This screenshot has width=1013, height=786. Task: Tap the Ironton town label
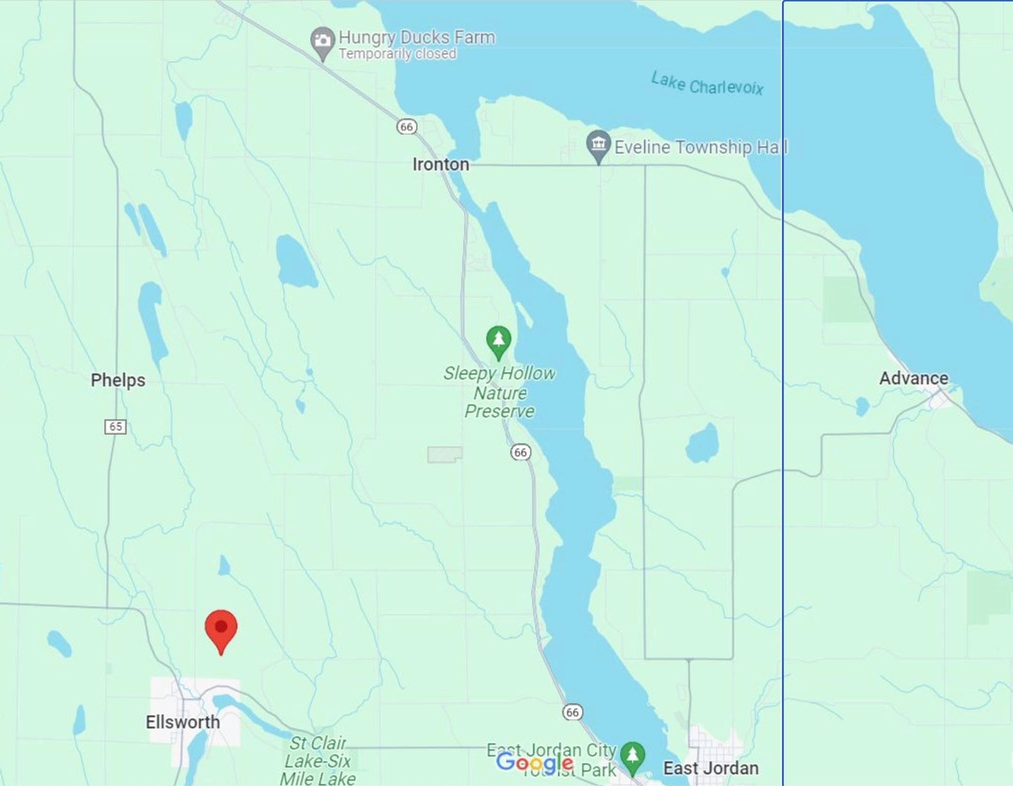pos(440,165)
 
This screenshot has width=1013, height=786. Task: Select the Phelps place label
pos(118,380)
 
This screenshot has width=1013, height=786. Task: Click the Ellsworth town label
pos(183,722)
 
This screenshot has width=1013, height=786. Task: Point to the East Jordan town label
pos(710,768)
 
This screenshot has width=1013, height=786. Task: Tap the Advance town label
pos(913,378)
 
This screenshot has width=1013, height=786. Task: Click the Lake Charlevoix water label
pos(707,84)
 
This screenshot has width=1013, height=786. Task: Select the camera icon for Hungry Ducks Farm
pos(323,40)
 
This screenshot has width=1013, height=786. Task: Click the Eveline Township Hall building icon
pos(598,144)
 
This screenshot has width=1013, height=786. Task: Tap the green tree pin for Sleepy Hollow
pos(499,339)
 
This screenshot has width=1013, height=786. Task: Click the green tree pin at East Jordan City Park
pos(632,755)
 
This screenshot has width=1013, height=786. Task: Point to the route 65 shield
pos(115,426)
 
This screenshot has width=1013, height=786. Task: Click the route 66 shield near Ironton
pos(407,127)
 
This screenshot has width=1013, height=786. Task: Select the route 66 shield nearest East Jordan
pos(572,712)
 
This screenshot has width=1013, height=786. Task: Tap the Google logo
pos(534,763)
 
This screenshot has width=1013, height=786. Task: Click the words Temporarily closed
pos(397,54)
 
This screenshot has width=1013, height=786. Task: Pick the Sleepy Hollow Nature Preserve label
pos(499,393)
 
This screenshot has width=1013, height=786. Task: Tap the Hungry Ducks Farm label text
pos(417,37)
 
